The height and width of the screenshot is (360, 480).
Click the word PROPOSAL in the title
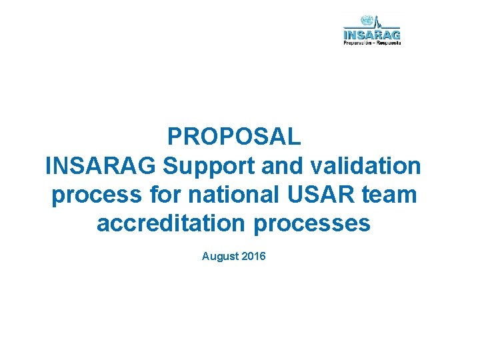click(x=234, y=136)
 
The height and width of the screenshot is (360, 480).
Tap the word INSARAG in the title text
click(x=101, y=165)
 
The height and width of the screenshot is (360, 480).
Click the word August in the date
click(x=220, y=255)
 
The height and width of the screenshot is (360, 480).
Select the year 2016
click(x=253, y=255)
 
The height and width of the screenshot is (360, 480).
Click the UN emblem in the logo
click(x=366, y=21)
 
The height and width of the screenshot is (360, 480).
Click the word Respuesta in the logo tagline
click(x=389, y=43)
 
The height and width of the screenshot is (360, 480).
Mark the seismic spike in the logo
click(x=377, y=22)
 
